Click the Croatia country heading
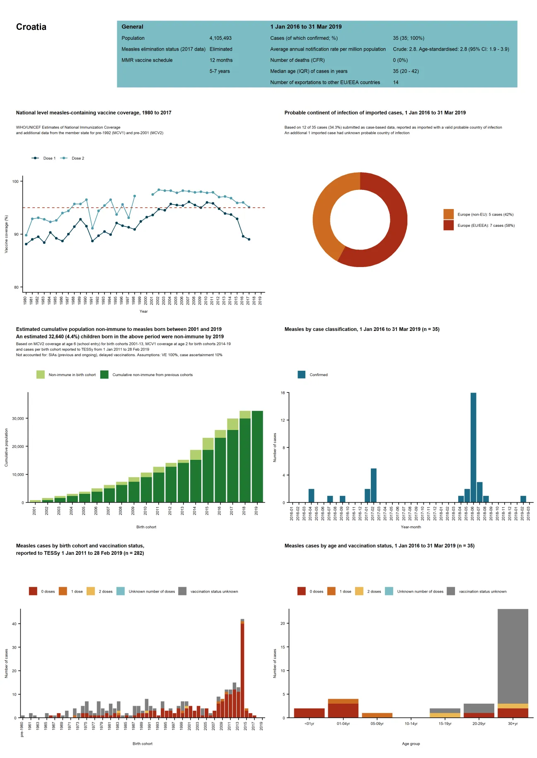click(x=31, y=27)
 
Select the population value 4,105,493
click(x=220, y=38)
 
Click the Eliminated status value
click(x=221, y=49)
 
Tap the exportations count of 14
click(x=396, y=83)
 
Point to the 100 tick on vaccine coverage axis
click(x=15, y=182)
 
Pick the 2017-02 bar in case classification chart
click(x=373, y=485)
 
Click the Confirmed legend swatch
click(x=302, y=375)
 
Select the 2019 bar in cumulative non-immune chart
click(x=257, y=456)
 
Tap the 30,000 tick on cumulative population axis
click(x=18, y=419)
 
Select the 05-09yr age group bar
click(x=377, y=715)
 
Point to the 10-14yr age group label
click(x=411, y=724)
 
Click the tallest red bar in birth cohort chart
click(x=242, y=670)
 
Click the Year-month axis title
click(x=411, y=527)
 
